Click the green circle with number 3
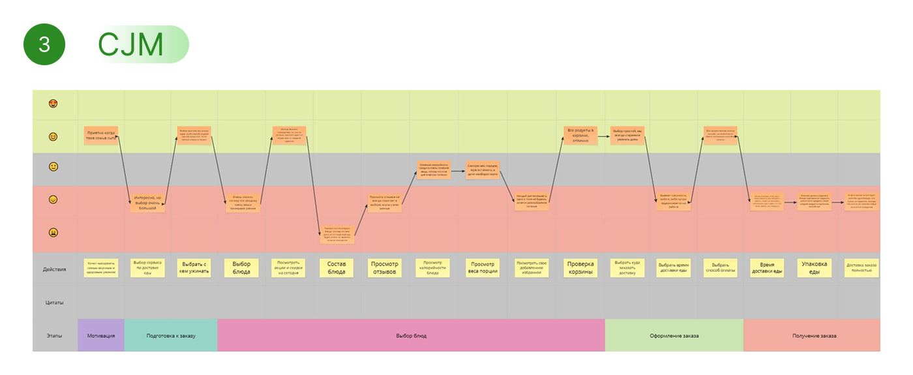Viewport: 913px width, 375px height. pos(44,44)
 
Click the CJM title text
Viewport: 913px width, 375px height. pos(130,44)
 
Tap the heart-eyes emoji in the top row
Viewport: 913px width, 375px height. pos(53,104)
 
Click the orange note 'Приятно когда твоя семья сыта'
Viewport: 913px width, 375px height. pos(100,136)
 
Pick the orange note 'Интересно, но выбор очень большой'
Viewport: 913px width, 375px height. pos(147,203)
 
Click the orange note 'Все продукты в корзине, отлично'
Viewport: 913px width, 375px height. pos(580,136)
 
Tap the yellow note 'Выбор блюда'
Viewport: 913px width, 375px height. pos(241,268)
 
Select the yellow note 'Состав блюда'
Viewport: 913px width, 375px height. pos(337,268)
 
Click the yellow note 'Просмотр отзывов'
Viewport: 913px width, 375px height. pos(385,268)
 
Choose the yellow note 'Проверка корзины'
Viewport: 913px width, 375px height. pos(580,268)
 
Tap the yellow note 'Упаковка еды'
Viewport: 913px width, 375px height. pos(814,268)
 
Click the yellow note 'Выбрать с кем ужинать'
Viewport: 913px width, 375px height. pos(194,268)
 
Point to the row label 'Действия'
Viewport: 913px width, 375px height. pos(54,269)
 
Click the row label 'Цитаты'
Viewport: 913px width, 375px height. pos(54,303)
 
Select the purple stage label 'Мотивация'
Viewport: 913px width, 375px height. pos(101,336)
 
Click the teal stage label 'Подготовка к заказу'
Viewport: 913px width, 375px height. pos(171,336)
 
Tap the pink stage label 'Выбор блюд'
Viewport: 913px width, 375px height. pos(411,336)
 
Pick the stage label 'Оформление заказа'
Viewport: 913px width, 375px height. pos(674,336)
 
